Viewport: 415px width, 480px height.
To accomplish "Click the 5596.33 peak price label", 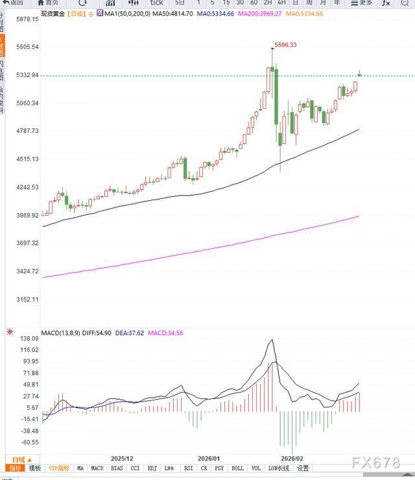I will [x=286, y=45].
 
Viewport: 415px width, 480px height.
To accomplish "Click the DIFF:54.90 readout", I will [x=97, y=333].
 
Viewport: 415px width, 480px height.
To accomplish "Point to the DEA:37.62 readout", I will [x=134, y=333].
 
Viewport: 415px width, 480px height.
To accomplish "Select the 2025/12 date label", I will [x=122, y=457].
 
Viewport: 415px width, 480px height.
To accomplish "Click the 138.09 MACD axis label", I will [x=30, y=339].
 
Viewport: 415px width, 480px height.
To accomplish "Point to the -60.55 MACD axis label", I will [x=30, y=442].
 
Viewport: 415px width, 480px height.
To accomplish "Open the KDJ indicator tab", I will [x=152, y=468].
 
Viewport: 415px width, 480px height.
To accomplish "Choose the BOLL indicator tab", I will [x=237, y=468].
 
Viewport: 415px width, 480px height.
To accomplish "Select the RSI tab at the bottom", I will [x=188, y=468].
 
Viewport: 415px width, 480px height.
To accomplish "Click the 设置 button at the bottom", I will [x=303, y=468].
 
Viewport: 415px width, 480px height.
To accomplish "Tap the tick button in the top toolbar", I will [x=156, y=3].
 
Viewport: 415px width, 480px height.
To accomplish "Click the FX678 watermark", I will [x=376, y=462].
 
